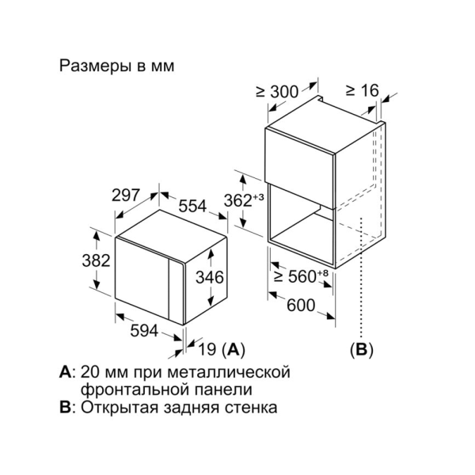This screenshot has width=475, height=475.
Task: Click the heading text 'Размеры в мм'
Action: (116, 66)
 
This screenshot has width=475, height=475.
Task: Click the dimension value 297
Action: (126, 194)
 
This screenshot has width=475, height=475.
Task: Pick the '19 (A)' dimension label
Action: (221, 348)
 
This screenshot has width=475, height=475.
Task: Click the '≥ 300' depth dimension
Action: (279, 92)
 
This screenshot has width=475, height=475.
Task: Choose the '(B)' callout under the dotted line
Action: (361, 348)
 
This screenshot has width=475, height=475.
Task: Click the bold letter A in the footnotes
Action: (64, 370)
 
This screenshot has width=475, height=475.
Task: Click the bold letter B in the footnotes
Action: (64, 408)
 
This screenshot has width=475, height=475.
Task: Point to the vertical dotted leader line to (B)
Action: (361, 285)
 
